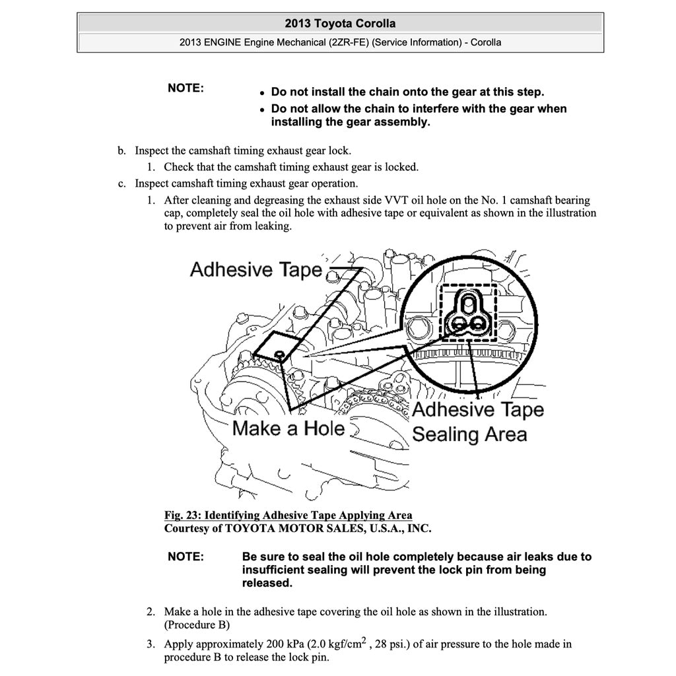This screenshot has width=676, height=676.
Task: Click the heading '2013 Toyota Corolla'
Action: tap(340, 24)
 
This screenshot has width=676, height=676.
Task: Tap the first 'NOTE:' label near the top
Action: tap(186, 88)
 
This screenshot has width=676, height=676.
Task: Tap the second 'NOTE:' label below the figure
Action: tap(186, 557)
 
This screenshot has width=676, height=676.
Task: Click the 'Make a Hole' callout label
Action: tap(288, 428)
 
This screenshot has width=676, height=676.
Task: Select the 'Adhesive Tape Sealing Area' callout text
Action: tap(477, 422)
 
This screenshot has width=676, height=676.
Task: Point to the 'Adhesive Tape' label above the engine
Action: tap(256, 269)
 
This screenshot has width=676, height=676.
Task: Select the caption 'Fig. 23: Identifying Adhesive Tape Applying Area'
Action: tap(288, 516)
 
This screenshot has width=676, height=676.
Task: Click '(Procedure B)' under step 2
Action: tap(197, 625)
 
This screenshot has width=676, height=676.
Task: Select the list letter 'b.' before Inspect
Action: tap(121, 151)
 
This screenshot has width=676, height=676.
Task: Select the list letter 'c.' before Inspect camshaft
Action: tap(121, 184)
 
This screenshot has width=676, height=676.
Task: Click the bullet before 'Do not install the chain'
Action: tap(262, 94)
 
